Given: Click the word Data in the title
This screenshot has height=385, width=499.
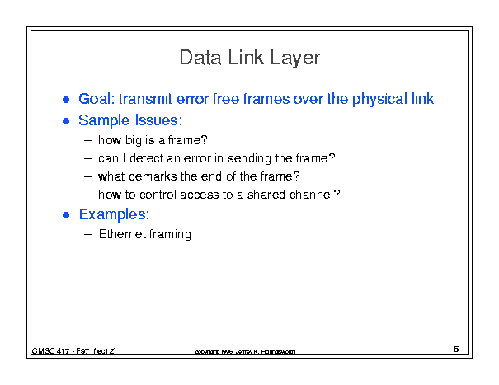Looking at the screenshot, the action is point(200,58).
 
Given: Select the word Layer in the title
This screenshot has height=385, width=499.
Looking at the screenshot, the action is point(295,59).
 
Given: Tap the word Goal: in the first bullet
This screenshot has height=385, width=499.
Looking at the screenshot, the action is point(97,99).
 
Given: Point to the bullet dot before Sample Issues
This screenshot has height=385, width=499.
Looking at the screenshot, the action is point(66,121).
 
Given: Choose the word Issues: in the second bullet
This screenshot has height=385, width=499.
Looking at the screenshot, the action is point(158,120).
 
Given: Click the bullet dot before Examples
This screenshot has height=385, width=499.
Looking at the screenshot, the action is point(66,215).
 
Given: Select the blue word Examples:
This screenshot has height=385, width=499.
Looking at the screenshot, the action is point(115,215).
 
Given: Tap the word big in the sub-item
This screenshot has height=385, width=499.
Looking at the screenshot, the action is point(134,140).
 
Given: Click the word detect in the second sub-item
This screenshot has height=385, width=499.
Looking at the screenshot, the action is point(148,158).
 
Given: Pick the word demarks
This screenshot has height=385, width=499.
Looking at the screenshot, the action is point(153,176).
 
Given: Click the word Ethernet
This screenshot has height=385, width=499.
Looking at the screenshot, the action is point(123,234).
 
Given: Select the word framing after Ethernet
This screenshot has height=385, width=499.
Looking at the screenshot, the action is point(170,234).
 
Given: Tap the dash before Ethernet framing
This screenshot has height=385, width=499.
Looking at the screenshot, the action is point(87,234).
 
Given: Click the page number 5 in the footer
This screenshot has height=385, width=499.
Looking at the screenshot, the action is point(456,349).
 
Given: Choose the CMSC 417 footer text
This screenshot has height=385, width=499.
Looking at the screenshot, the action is point(73,351).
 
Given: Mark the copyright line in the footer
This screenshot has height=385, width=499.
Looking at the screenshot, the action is point(245,351).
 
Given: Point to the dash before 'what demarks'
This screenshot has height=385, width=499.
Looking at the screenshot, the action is point(87,176).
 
